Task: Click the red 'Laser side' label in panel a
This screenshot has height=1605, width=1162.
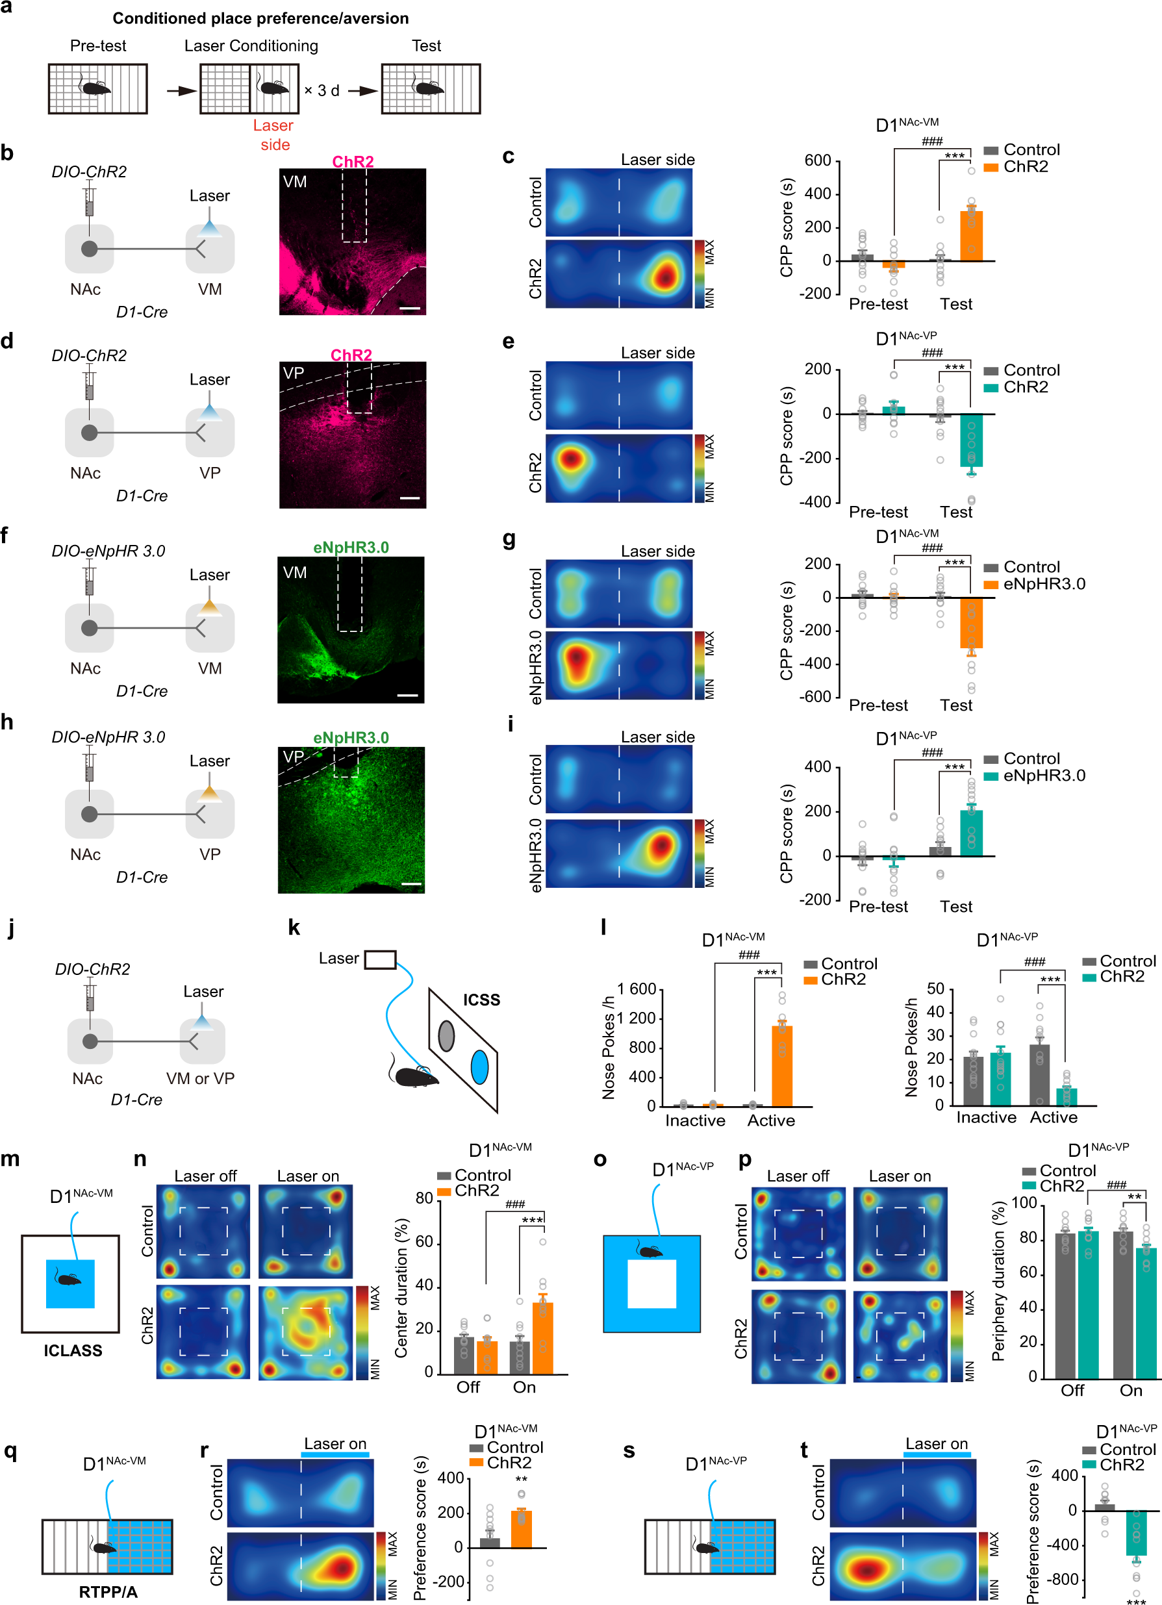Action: pos(273,134)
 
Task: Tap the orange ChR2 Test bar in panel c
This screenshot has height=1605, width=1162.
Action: pos(971,236)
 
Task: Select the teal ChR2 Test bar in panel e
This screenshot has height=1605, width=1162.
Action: pos(971,440)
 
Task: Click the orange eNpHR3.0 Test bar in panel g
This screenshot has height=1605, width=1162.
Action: pos(971,623)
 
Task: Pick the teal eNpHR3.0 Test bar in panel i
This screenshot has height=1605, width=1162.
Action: pos(971,833)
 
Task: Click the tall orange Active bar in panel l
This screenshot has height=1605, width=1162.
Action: pos(781,1065)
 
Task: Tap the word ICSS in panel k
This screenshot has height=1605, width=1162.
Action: pos(481,1000)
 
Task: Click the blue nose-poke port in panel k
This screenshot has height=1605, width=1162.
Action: pos(479,1067)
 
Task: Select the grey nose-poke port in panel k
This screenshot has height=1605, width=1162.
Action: pos(446,1036)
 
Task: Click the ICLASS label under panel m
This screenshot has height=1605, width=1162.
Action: pos(73,1350)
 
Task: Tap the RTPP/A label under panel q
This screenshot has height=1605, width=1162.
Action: pos(108,1591)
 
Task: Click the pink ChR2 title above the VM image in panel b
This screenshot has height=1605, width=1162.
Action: pos(353,161)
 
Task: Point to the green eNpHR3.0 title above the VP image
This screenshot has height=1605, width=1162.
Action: pos(351,737)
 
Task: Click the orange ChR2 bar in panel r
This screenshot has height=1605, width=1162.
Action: pos(521,1528)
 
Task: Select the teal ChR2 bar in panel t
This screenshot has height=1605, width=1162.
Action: pos(1136,1532)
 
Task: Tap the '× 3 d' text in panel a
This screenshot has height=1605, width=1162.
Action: pos(322,90)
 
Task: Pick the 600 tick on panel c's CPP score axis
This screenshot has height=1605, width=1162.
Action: pos(817,160)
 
